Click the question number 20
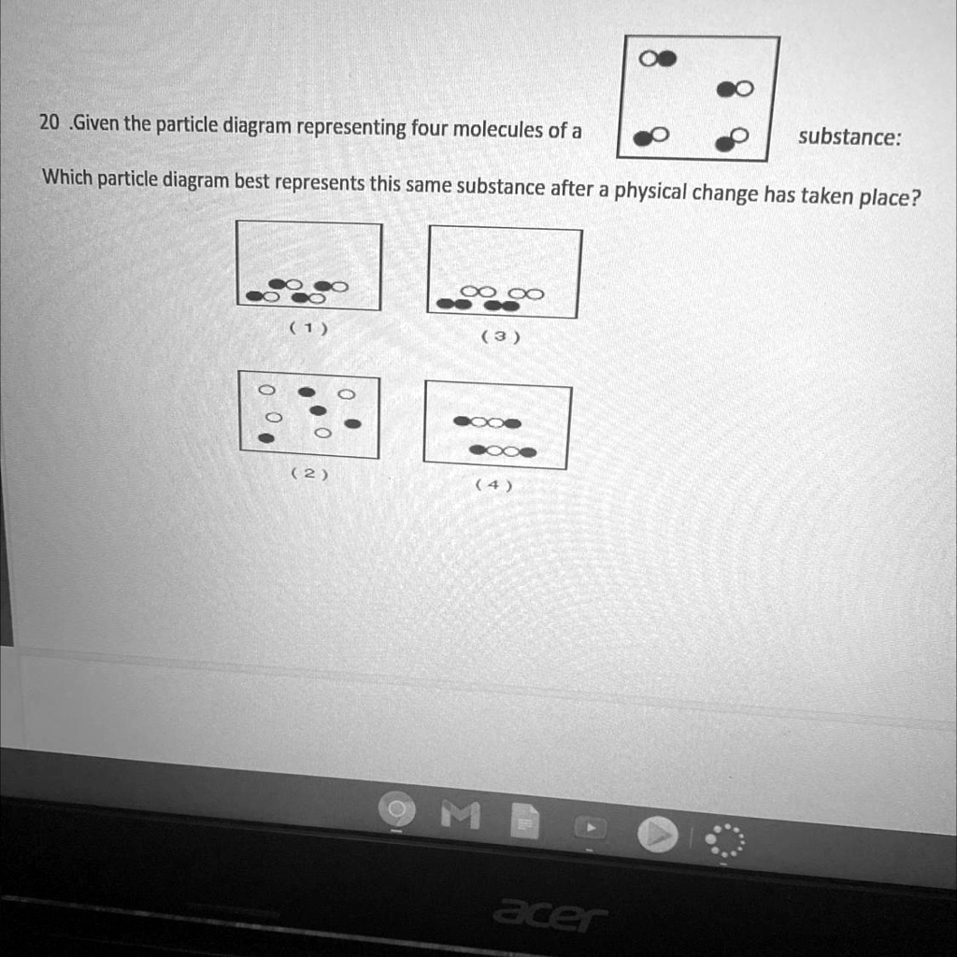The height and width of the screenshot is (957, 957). tap(50, 122)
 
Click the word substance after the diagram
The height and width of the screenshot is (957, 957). tap(849, 137)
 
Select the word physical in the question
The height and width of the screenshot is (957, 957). tap(651, 193)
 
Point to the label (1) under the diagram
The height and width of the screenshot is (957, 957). tap(307, 328)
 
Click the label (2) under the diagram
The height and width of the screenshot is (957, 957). tap(308, 474)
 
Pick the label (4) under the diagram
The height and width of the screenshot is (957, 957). tap(493, 484)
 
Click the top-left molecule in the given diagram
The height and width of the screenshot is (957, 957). tap(658, 59)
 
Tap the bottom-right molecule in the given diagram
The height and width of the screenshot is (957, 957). tap(732, 138)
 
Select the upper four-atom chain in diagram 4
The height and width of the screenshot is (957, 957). tap(487, 422)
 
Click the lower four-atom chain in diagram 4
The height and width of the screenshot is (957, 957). tap(503, 451)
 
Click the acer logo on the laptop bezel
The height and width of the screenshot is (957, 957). tap(549, 914)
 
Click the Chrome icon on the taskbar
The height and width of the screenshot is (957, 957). tap(396, 809)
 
